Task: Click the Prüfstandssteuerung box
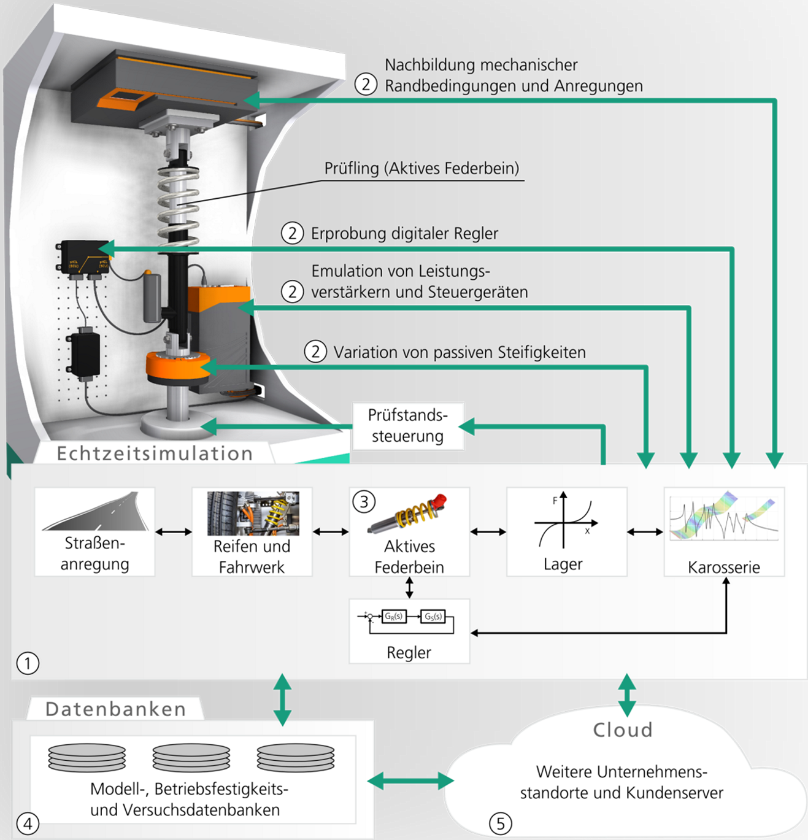pos(408,426)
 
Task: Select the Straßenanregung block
pos(94,531)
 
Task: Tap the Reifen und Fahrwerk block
pos(252,531)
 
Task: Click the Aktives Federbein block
pos(409,531)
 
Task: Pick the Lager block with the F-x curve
pos(566,531)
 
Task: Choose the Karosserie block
pos(724,531)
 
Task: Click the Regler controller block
pos(409,631)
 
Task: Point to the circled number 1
pos(28,663)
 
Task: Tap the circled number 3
pos(364,502)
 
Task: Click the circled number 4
pos(28,823)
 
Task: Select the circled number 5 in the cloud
pos(500,823)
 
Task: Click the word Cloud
pos(623,730)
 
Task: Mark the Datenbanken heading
pos(115,709)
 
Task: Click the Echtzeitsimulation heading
pos(155,453)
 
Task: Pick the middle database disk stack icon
pos(191,757)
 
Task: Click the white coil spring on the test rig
pos(178,206)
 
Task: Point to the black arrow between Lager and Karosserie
pos(645,532)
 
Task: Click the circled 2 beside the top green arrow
pos(366,84)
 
